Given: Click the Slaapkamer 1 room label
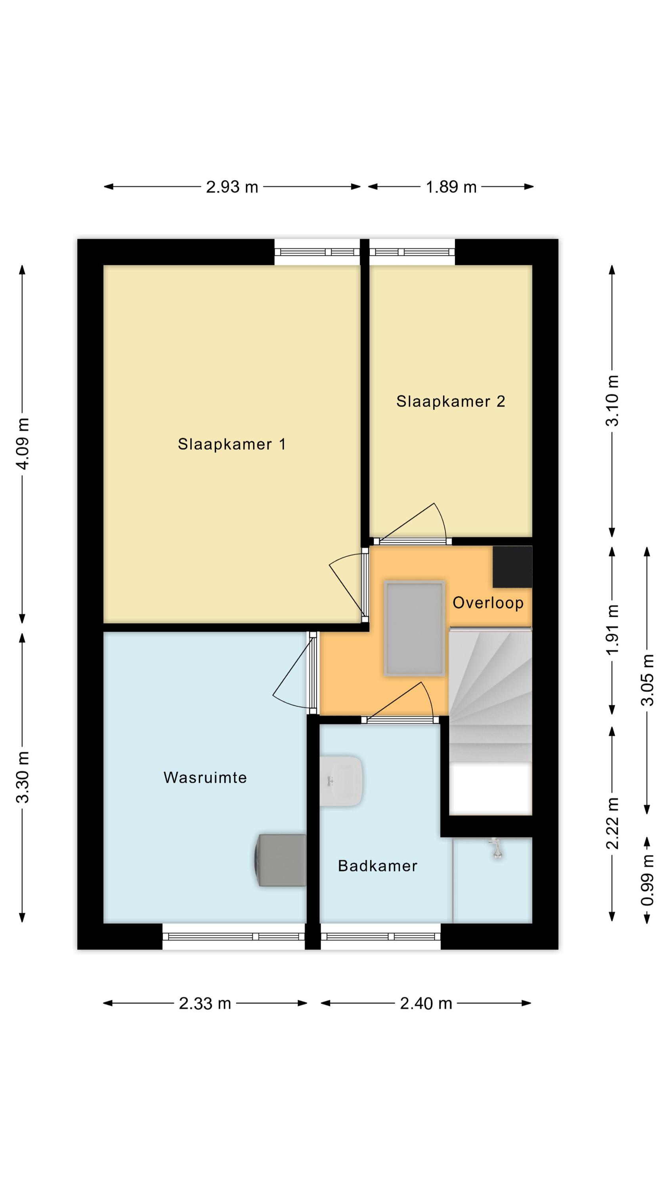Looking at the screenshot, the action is pos(232,444).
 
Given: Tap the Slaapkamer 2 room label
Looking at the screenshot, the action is pos(451,401).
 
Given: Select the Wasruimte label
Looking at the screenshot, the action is pos(205,777).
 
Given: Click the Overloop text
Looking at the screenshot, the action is pos(488,603).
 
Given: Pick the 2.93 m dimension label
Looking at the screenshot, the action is pos(232,187).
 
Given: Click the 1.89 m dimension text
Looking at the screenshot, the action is pos(451,187).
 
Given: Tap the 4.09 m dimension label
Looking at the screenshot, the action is pos(23,443).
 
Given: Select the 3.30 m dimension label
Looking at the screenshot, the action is pos(23,777).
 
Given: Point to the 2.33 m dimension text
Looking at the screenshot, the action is pos(205,1004).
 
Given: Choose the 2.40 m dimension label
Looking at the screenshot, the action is pos(426,1004).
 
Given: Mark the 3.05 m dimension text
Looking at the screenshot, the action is pos(647,680).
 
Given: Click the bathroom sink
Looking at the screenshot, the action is pos(341,781).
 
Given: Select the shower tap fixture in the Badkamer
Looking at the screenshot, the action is pos(496,848).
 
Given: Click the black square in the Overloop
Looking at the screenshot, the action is pos(512,567).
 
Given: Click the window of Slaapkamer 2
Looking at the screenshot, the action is pos(412,252).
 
